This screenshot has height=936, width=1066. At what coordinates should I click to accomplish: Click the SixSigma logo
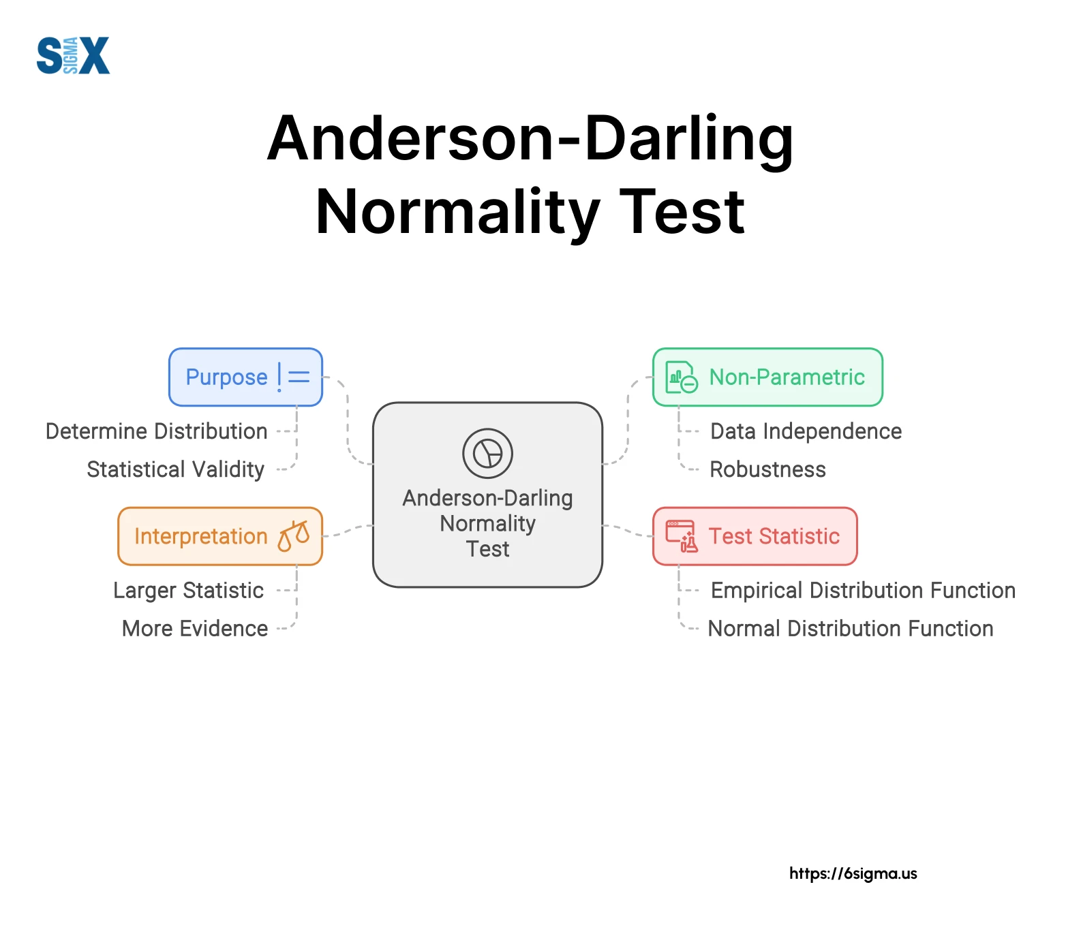pyautogui.click(x=73, y=55)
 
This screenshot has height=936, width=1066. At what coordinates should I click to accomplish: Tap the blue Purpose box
pyautogui.click(x=245, y=377)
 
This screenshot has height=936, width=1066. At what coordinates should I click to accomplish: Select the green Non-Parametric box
pyautogui.click(x=767, y=377)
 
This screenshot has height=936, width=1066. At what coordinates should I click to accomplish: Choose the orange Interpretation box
pyautogui.click(x=220, y=536)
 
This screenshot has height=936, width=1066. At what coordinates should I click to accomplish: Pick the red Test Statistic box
pyautogui.click(x=755, y=536)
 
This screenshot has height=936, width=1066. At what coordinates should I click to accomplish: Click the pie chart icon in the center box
pyautogui.click(x=487, y=453)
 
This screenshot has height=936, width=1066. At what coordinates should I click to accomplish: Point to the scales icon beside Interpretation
pyautogui.click(x=294, y=536)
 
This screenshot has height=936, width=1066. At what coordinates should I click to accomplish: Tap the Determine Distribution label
pyautogui.click(x=156, y=431)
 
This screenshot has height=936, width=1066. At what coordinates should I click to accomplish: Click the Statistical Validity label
pyautogui.click(x=176, y=469)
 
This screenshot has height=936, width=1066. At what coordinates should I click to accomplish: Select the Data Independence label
pyautogui.click(x=806, y=431)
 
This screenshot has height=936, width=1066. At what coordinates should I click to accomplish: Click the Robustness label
pyautogui.click(x=767, y=469)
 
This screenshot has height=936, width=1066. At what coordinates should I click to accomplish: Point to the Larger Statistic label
pyautogui.click(x=189, y=591)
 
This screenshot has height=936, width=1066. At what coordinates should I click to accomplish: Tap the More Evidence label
pyautogui.click(x=195, y=628)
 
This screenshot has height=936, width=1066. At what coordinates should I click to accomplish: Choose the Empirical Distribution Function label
pyautogui.click(x=863, y=591)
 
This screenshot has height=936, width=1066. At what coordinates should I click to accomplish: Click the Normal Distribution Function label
pyautogui.click(x=851, y=628)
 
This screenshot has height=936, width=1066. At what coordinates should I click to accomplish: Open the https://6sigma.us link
pyautogui.click(x=853, y=873)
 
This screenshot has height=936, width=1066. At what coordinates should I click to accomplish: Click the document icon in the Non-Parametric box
pyautogui.click(x=682, y=377)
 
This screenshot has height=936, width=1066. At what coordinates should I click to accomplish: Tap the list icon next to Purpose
pyautogui.click(x=294, y=377)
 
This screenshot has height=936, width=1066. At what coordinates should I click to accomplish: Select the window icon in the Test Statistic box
pyautogui.click(x=682, y=536)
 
